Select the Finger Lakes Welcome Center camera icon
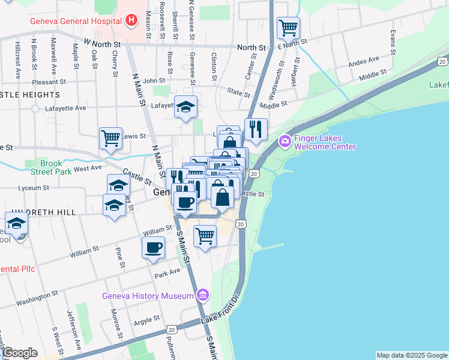click(x=285, y=142)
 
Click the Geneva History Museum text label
click(x=148, y=295)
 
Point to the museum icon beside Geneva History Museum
click(x=203, y=295)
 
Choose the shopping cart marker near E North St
click(x=288, y=27)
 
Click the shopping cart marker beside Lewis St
click(x=110, y=138)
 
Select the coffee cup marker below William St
click(x=153, y=247)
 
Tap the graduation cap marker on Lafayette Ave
click(x=186, y=107)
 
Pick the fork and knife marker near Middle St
click(x=256, y=129)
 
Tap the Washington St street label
click(x=37, y=296)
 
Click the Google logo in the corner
click(x=19, y=353)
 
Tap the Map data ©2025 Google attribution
click(x=411, y=355)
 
